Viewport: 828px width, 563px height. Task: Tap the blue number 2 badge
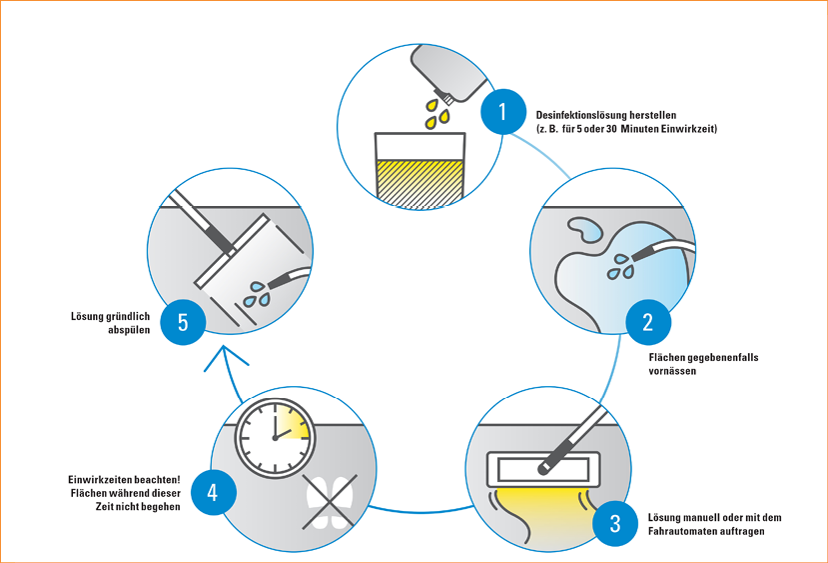coord(648,322)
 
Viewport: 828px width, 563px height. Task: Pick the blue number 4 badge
coord(211,492)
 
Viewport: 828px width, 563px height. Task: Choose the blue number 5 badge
coord(182,321)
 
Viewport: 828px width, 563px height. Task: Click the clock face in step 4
coord(274,434)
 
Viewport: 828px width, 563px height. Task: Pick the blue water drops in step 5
coord(258,293)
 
